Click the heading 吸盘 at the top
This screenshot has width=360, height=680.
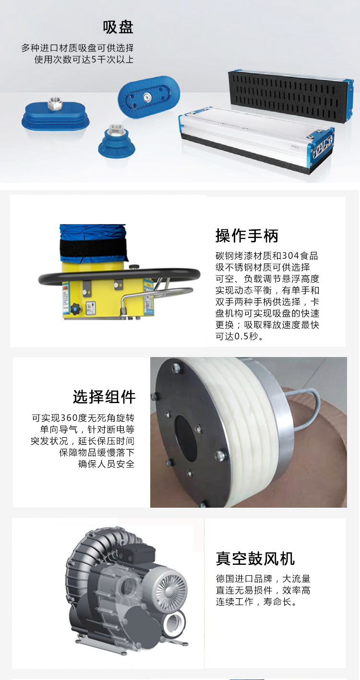coord(118,27)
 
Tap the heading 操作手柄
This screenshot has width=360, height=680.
coord(247,236)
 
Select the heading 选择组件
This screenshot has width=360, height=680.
coord(104,396)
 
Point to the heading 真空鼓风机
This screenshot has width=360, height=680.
coord(255,559)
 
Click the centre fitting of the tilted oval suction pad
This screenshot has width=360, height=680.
coord(147,96)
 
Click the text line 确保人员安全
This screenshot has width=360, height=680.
coord(106,464)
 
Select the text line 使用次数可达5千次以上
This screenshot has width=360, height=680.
coord(84,60)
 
